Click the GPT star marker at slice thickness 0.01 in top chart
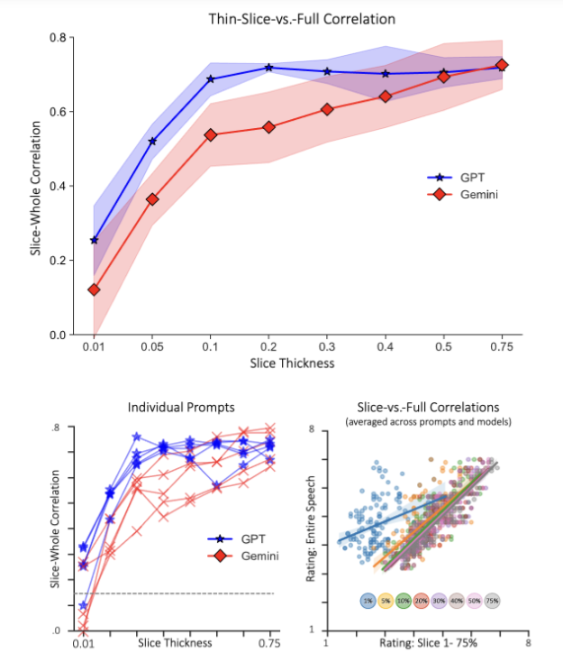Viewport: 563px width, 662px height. click(95, 240)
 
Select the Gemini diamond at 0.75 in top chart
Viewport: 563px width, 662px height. click(502, 65)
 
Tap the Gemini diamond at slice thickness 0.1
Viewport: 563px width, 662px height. click(211, 134)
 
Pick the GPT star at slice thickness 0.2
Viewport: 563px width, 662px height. click(269, 68)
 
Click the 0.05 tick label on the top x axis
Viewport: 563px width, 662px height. click(152, 346)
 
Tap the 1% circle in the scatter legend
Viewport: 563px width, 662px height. click(367, 600)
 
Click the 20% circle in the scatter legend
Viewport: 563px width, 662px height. click(420, 600)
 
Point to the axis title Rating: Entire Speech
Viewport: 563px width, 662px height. click(312, 528)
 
